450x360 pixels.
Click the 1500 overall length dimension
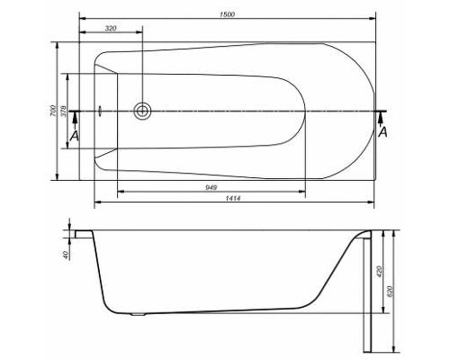coord(227,14)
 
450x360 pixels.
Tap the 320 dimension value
coord(111,29)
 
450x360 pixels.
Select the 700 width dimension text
coord(53,111)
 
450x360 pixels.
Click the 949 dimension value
coord(211,188)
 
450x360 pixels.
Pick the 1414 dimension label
coord(233,198)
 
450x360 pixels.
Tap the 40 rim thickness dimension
coord(67,256)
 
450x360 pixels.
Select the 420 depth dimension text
coord(379,271)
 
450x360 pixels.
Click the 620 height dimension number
coord(390,292)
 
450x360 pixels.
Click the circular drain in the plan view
coord(142,111)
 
